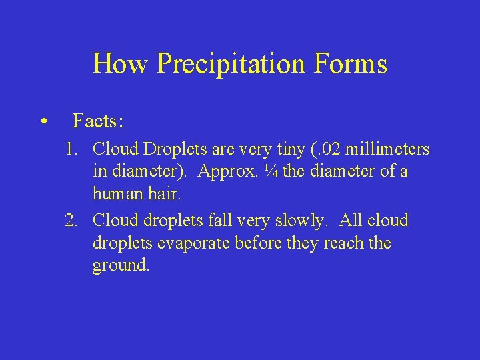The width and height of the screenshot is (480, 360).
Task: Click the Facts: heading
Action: click(98, 121)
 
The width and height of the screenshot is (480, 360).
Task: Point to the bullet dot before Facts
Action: click(43, 122)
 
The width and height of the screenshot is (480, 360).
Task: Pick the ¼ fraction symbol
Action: click(272, 172)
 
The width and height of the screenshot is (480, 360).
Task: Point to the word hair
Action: click(164, 195)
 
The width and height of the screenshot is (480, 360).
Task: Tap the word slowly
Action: click(302, 221)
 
